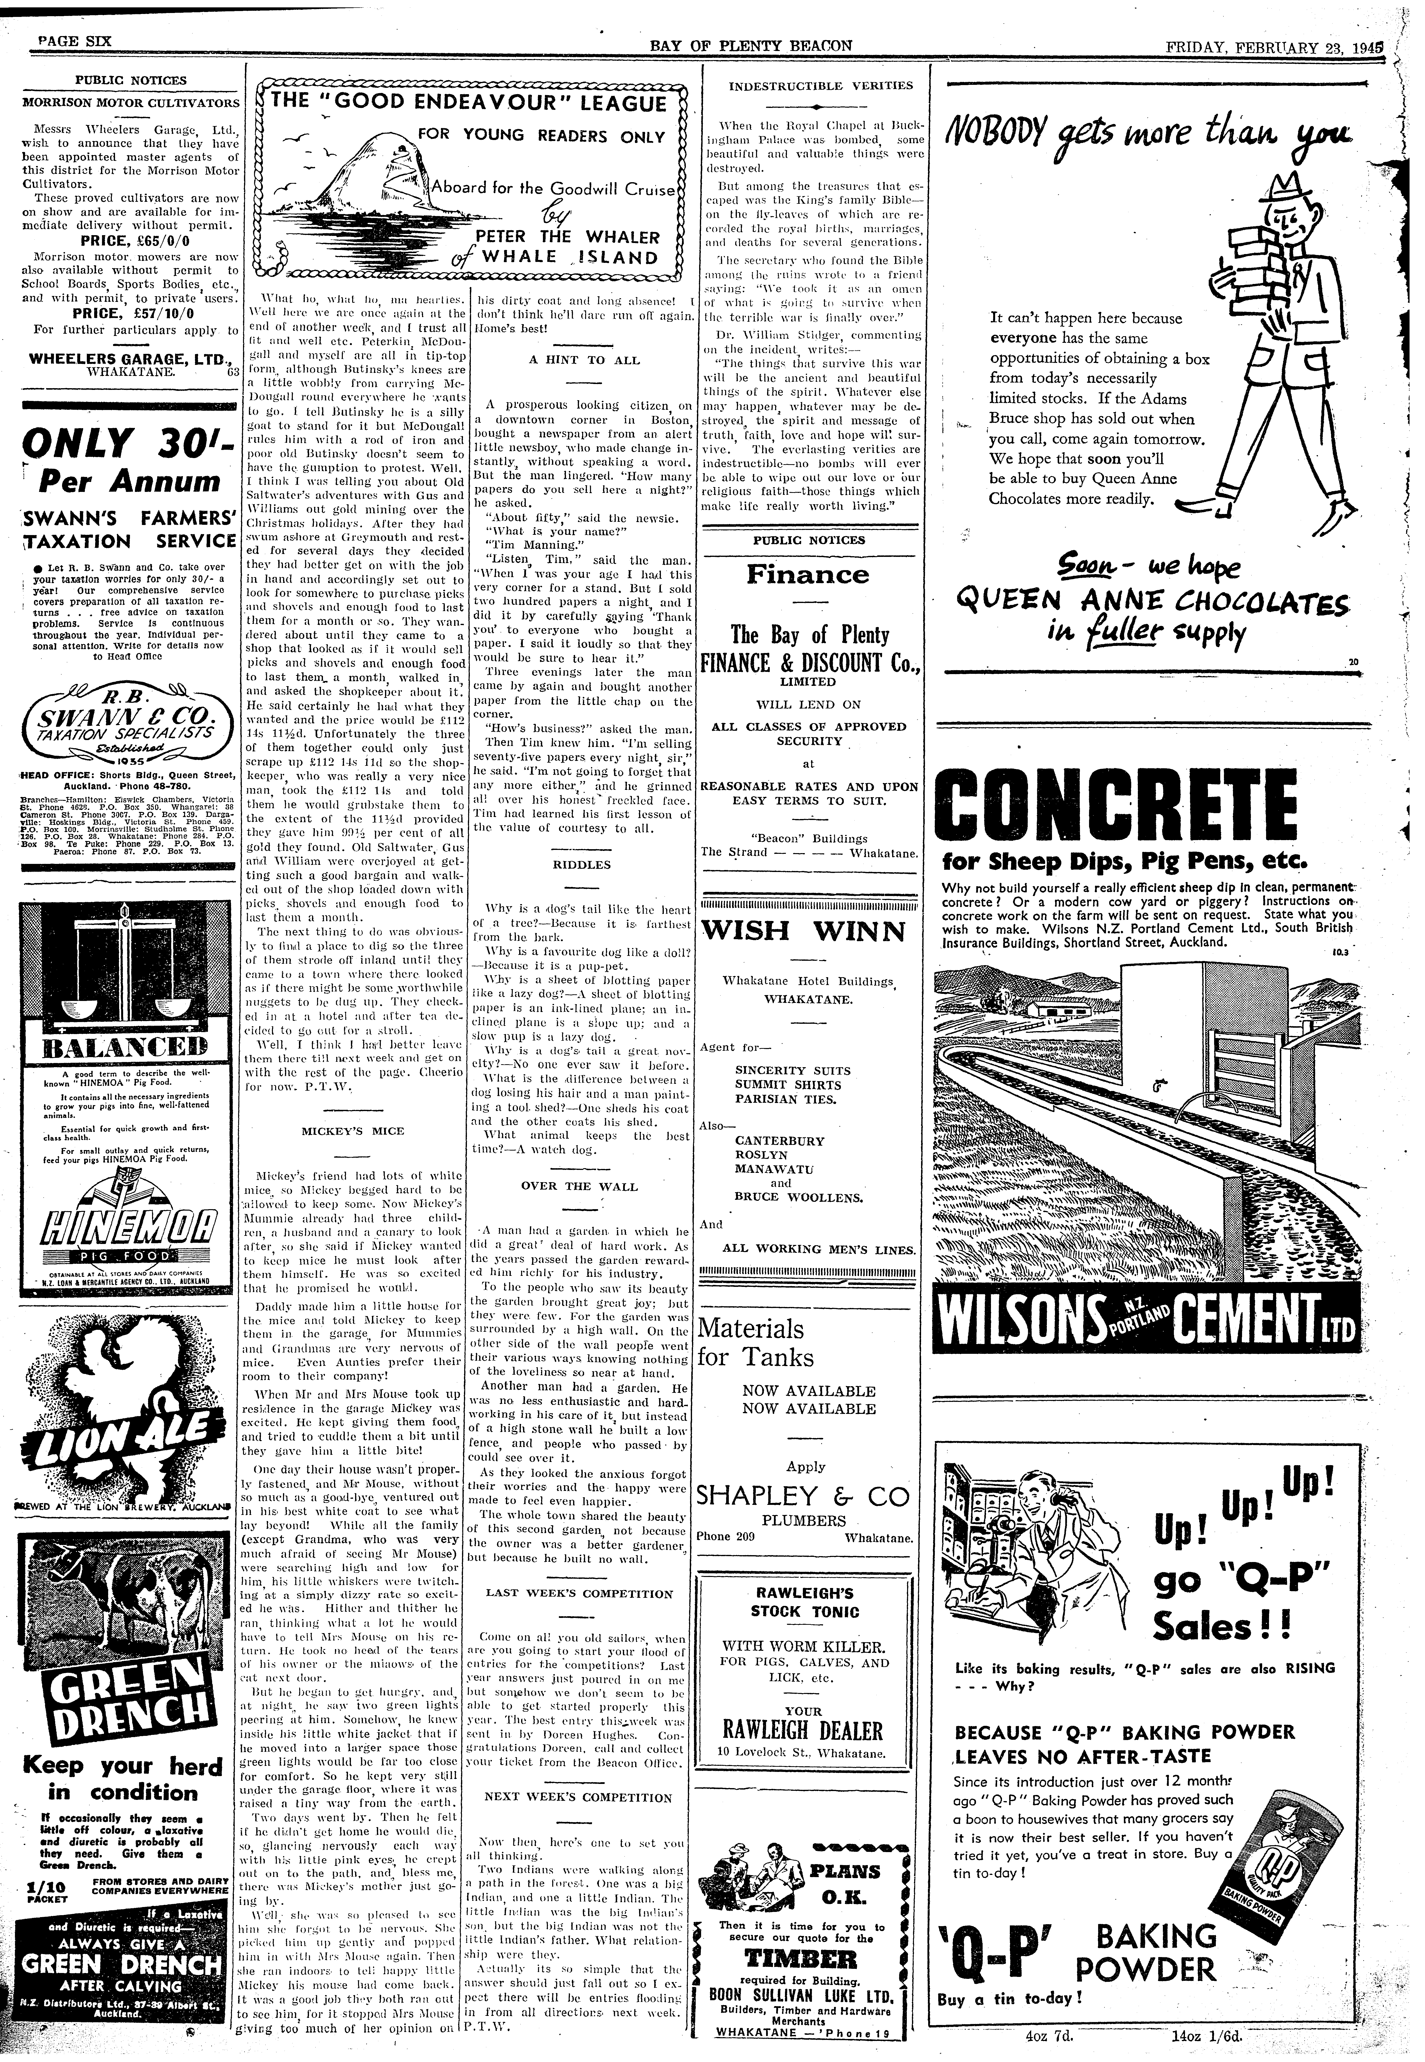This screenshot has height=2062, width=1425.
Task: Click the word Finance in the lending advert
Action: [x=808, y=575]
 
